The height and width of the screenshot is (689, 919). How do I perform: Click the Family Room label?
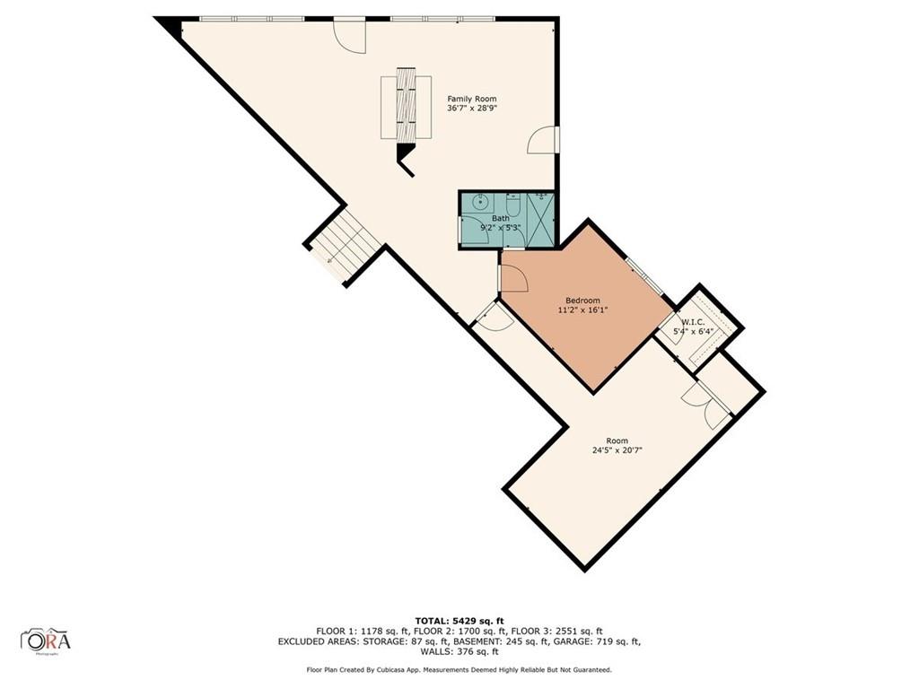(472, 99)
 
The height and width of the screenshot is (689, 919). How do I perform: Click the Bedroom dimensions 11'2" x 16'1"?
(582, 310)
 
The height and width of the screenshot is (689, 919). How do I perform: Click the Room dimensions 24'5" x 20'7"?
(617, 451)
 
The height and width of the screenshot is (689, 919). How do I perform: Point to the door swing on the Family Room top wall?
(350, 36)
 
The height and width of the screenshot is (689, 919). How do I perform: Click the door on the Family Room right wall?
(542, 140)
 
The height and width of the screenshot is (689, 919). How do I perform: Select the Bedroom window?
(643, 276)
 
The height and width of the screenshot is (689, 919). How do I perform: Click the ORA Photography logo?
(46, 641)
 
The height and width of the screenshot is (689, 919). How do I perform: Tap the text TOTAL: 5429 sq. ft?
(459, 621)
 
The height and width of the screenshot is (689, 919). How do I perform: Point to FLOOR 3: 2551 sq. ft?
(556, 632)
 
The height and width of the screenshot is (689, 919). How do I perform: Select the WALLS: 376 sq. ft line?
(459, 651)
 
